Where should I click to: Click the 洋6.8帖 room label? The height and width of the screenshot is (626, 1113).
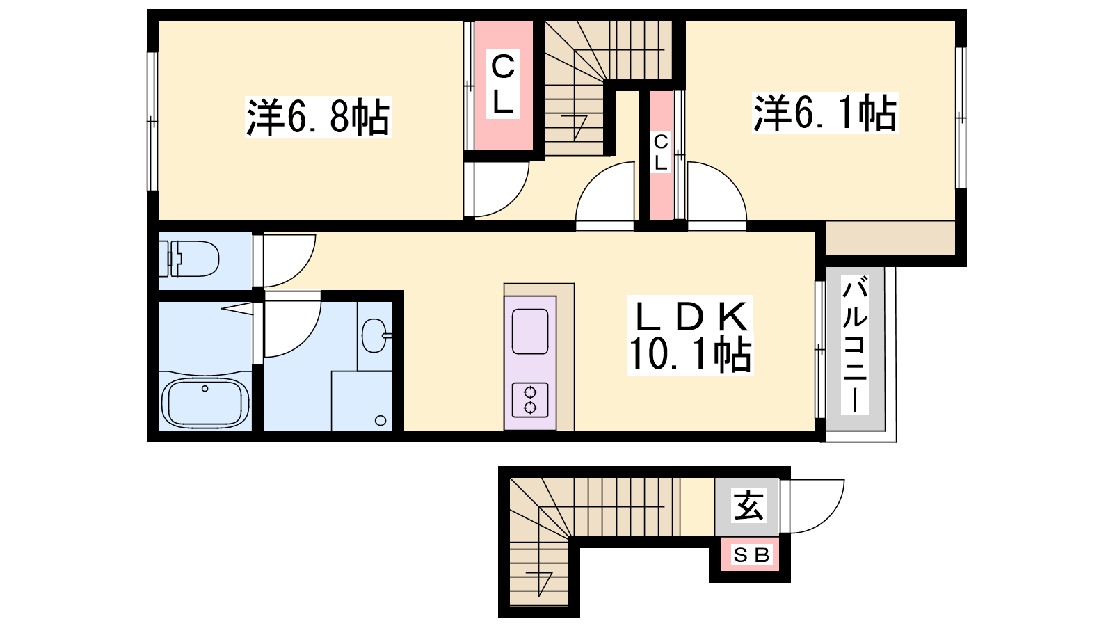[x=318, y=118]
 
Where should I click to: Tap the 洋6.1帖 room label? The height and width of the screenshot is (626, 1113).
[x=825, y=113]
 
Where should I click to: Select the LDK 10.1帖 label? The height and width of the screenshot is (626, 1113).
[x=690, y=335]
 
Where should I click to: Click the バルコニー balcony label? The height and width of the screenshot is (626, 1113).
[x=855, y=345]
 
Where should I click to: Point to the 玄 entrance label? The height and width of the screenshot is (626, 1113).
[x=748, y=505]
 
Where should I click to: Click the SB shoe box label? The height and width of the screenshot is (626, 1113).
[x=751, y=555]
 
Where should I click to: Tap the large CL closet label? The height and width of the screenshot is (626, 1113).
[x=503, y=83]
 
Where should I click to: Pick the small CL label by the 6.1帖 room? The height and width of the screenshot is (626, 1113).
[x=661, y=152]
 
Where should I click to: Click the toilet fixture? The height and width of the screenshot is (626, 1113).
[x=189, y=258]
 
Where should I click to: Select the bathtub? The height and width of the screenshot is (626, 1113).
[x=205, y=403]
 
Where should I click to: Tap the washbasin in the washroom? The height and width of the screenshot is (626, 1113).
[x=375, y=336]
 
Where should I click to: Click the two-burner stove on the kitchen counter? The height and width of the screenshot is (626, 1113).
[x=530, y=400]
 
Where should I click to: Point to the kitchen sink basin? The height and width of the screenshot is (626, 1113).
[x=530, y=331]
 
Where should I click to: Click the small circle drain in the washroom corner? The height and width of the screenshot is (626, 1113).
[x=381, y=421]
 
